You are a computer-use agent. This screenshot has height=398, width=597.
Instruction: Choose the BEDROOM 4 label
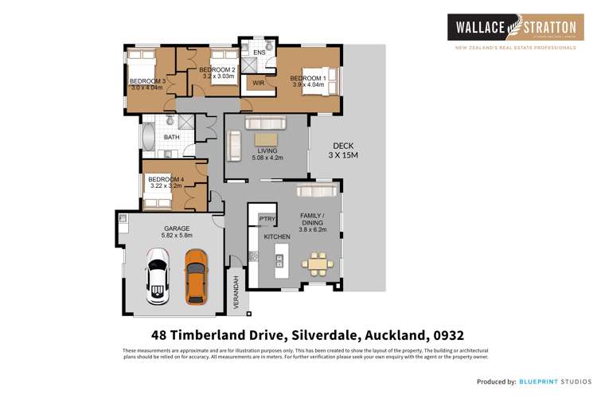pos(166,180)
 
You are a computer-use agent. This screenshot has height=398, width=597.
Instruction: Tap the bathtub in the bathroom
pos(148,137)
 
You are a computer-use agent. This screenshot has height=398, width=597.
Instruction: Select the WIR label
pos(258,83)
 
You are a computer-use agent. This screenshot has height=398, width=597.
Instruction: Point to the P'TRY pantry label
pos(267,219)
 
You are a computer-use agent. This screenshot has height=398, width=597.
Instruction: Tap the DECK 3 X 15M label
pos(344,150)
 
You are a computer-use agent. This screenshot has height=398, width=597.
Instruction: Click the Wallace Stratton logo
pos(511,29)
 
